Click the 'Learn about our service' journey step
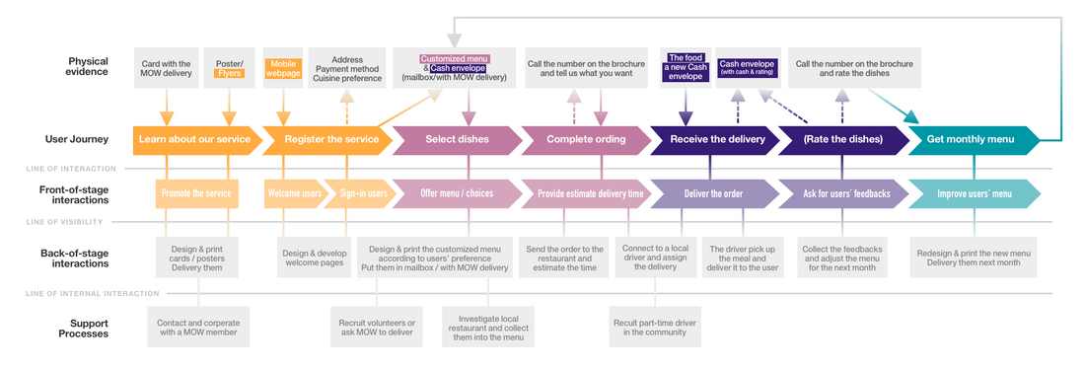pos(194,139)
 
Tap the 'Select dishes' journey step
pos(457,139)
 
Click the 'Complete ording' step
pos(585,139)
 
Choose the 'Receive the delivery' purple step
pos(716,139)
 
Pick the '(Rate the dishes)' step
pos(843,139)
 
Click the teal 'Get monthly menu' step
pos(971,139)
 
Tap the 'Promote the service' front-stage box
pos(195,193)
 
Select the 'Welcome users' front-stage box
pos(295,193)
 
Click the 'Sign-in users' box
pos(363,193)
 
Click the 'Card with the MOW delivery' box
pos(166,67)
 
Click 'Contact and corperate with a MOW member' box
pos(198,328)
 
